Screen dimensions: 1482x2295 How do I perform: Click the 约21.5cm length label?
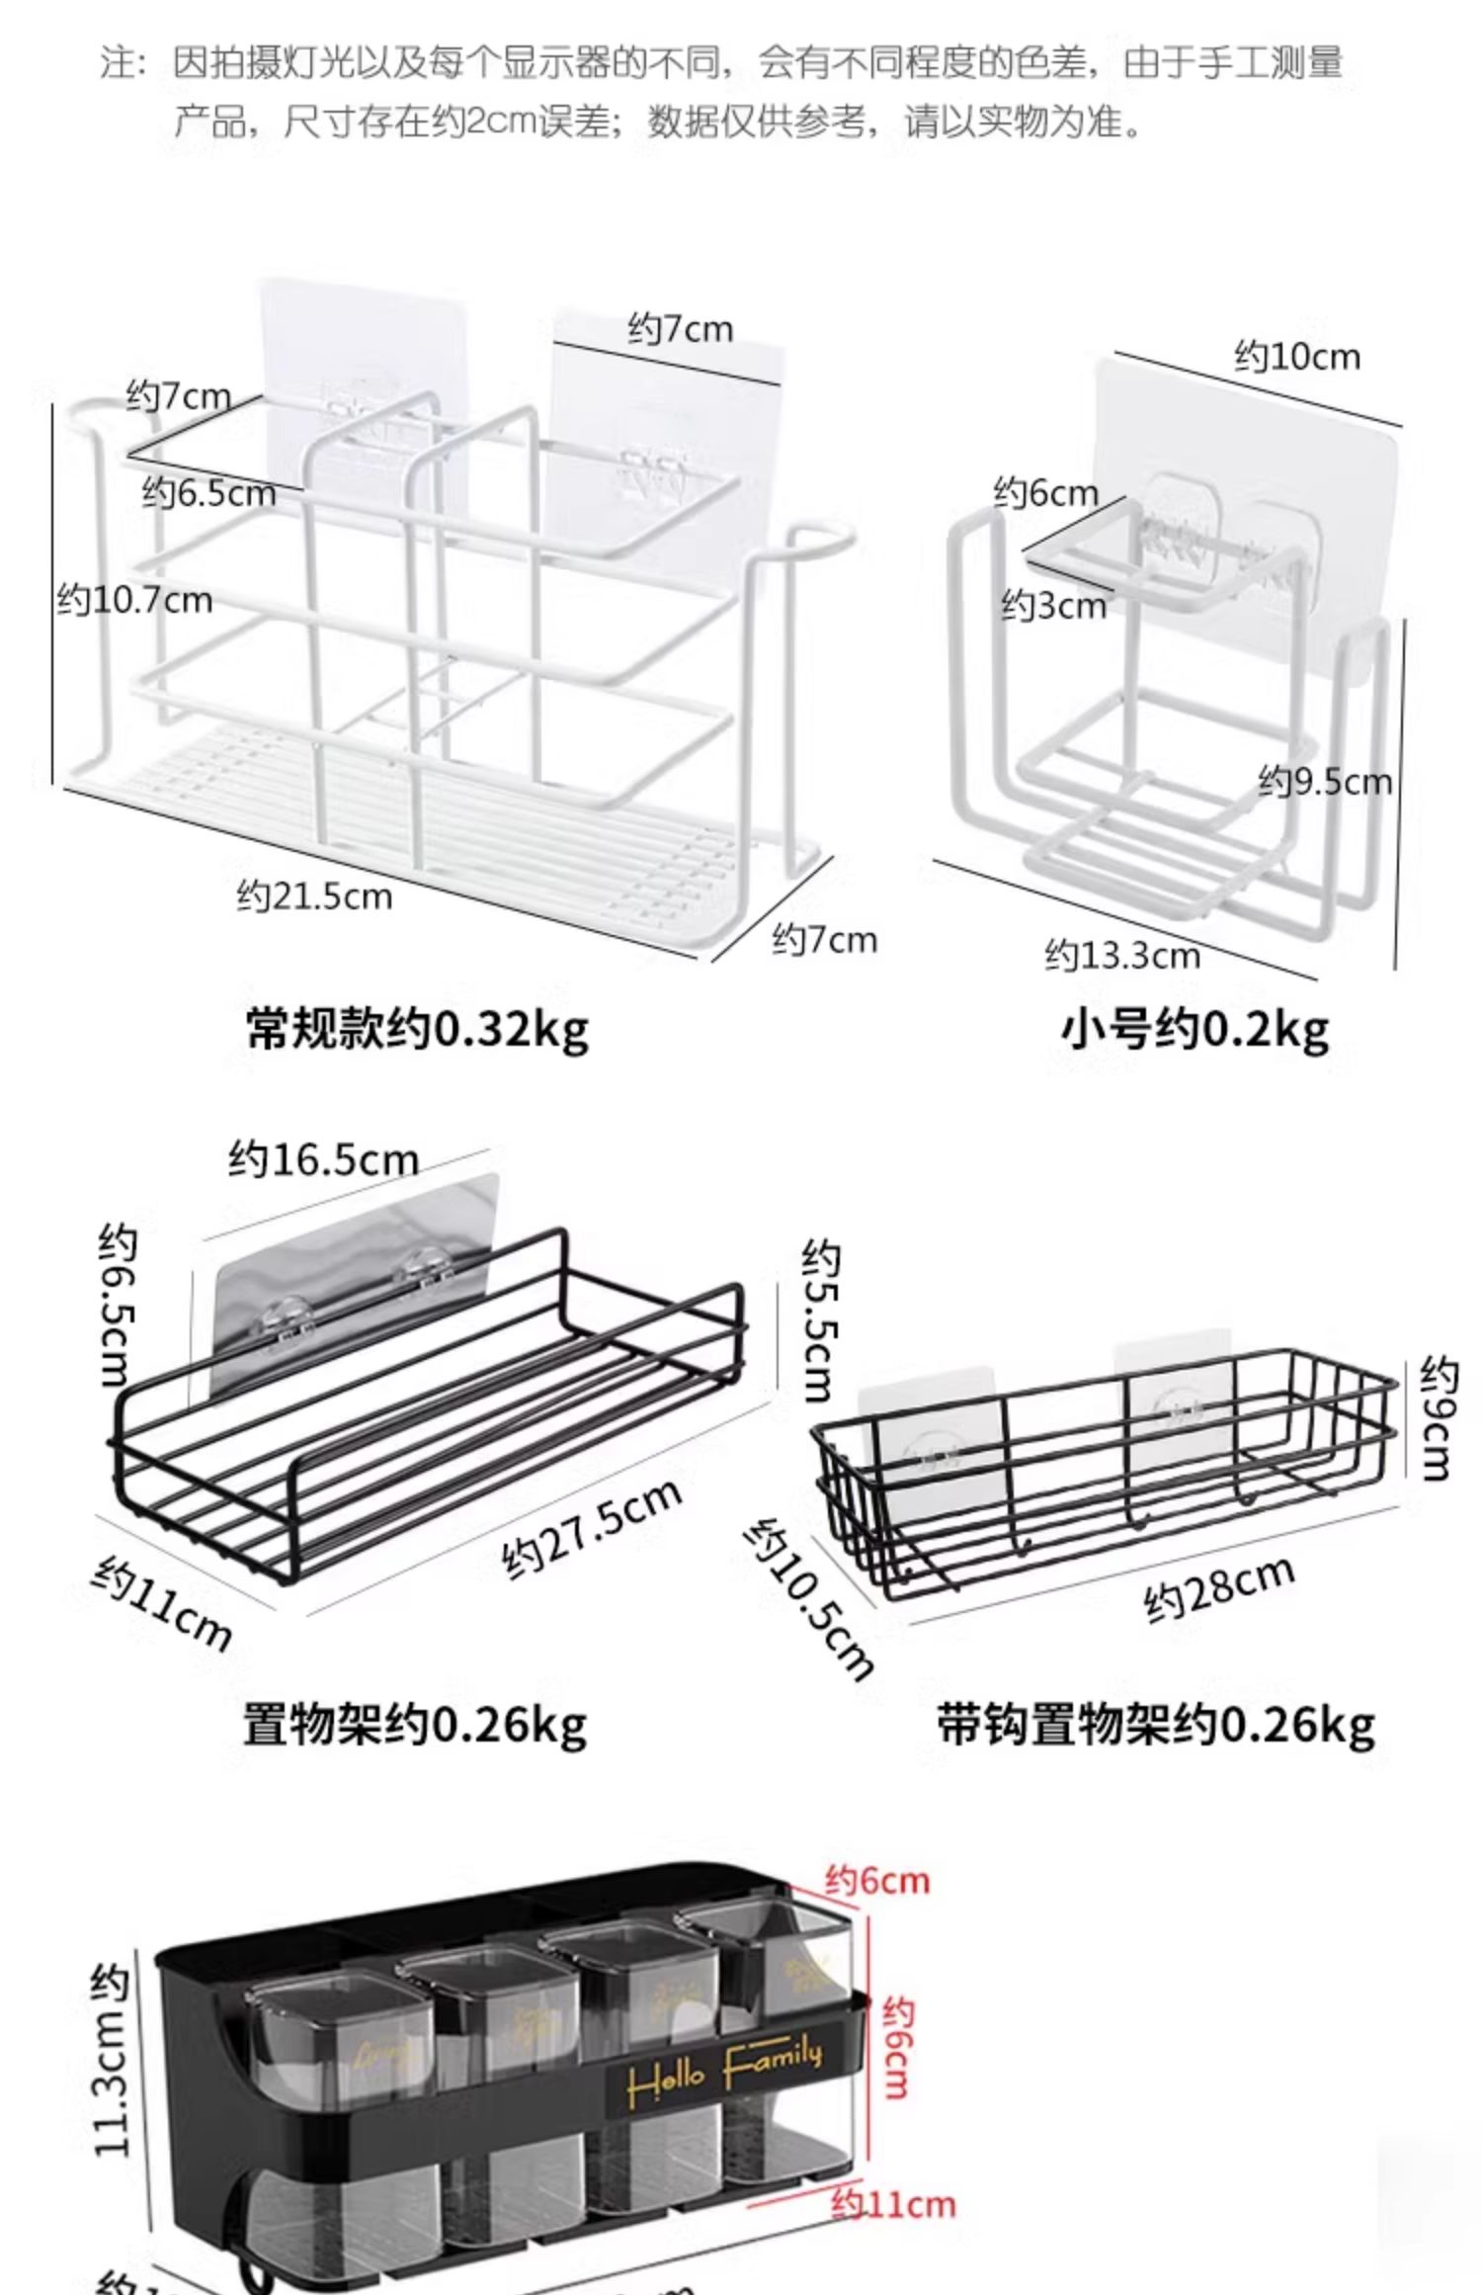314,896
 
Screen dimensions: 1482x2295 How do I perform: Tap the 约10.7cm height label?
134,600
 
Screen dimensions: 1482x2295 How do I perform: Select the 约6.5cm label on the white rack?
208,492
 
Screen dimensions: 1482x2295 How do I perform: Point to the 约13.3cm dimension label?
1122,956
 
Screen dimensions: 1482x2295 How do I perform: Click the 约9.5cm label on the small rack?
1324,782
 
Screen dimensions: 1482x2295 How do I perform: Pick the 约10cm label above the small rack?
1296,356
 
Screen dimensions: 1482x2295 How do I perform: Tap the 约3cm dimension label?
1053,605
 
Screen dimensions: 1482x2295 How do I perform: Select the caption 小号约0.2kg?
1194,1030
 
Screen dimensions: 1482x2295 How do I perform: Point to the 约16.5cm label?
323,1158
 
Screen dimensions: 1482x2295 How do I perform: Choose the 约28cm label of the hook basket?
1218,1588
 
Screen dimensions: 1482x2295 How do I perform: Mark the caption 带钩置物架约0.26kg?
1155,1725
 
